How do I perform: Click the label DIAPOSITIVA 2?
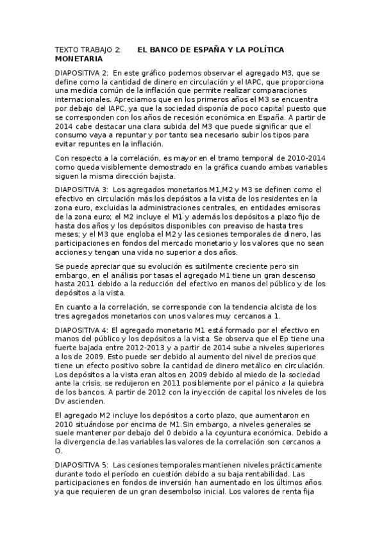[82, 73]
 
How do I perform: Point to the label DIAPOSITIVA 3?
[82, 190]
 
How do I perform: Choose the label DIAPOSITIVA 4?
[82, 329]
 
